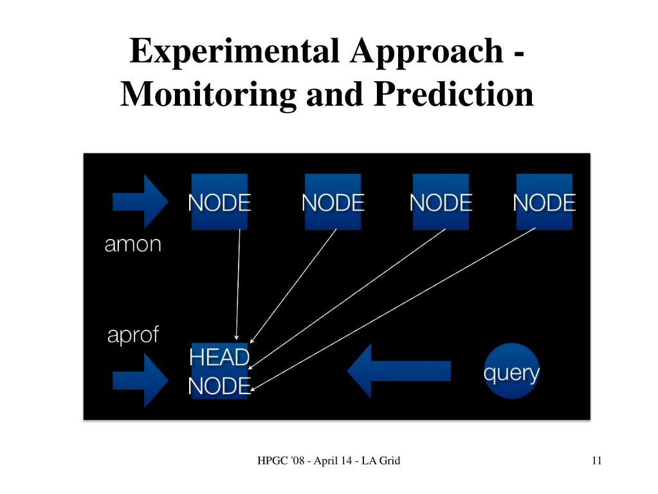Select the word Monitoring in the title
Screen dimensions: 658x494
click(x=208, y=94)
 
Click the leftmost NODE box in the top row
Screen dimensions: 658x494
click(x=219, y=202)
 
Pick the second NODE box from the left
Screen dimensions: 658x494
click(x=333, y=202)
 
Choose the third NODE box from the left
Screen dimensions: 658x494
click(x=441, y=202)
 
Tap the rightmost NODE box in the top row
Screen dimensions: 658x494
click(x=544, y=202)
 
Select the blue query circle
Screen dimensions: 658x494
click(x=511, y=372)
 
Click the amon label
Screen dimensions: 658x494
click(x=133, y=244)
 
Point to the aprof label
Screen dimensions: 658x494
click(x=133, y=335)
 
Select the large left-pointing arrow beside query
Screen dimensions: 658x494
click(x=399, y=371)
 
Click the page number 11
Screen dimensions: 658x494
click(x=596, y=461)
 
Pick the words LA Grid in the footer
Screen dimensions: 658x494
click(x=381, y=461)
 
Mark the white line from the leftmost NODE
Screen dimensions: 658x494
click(x=238, y=283)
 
